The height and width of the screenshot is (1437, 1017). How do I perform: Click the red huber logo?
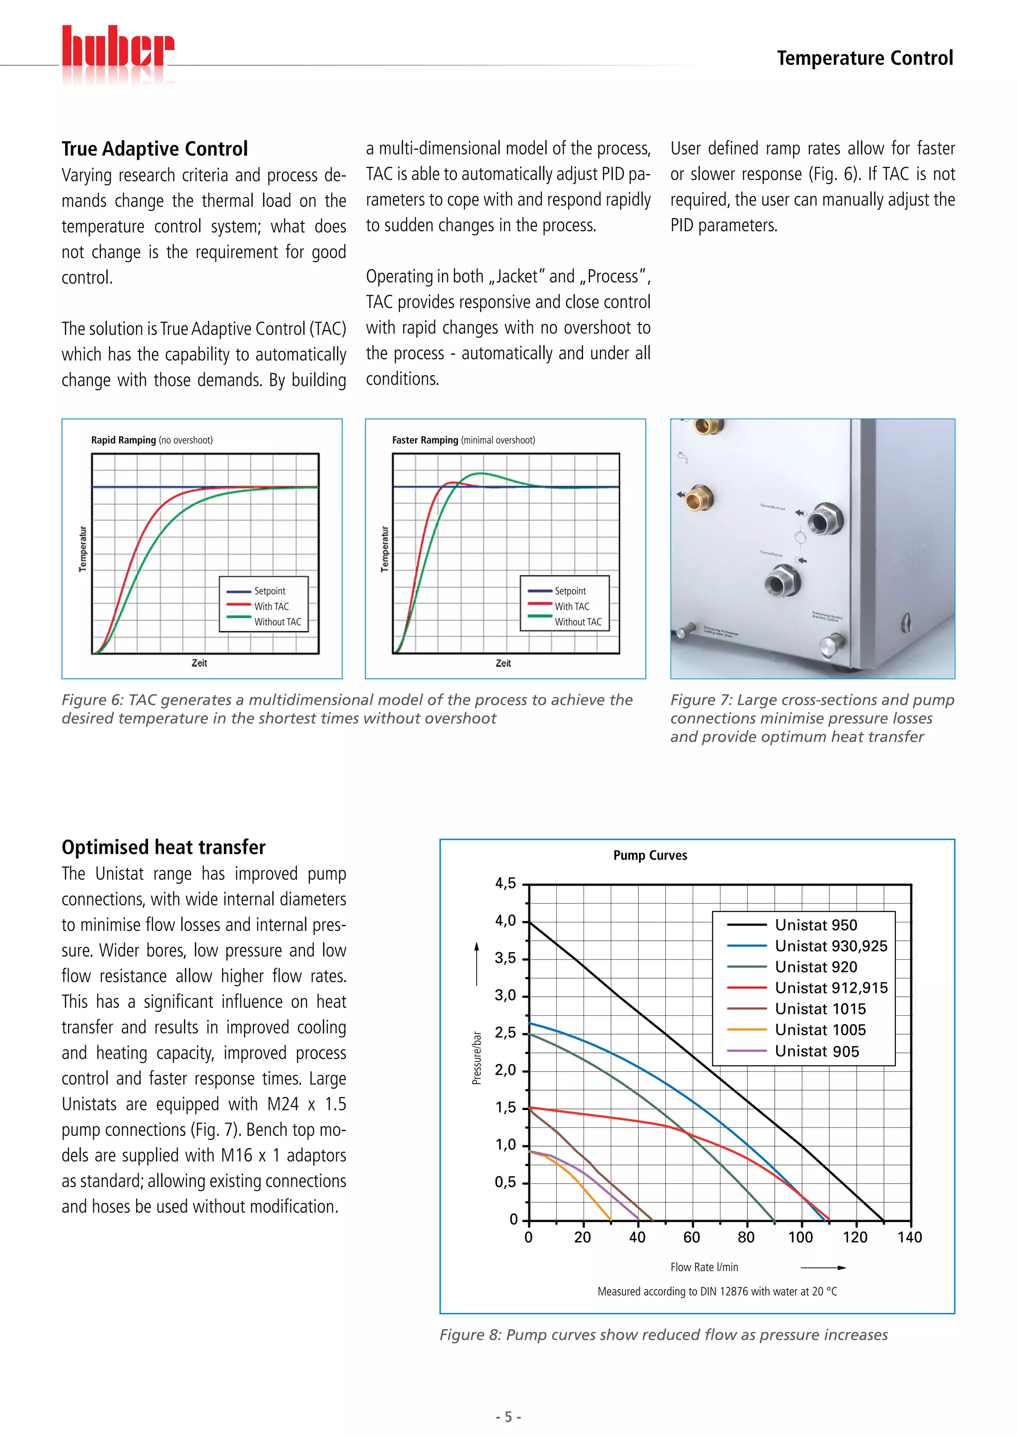coord(118,47)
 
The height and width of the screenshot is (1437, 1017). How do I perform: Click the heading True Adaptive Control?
coord(154,149)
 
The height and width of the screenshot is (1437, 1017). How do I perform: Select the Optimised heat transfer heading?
coord(163,848)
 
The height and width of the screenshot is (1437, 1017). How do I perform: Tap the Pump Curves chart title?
coord(650,855)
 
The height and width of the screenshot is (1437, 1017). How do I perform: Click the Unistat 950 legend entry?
coord(815,925)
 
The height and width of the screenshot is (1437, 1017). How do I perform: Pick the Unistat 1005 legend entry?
coord(820,1030)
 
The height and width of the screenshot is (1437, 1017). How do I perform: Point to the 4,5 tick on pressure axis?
coord(506,884)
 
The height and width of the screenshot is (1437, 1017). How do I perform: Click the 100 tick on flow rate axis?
coord(800,1238)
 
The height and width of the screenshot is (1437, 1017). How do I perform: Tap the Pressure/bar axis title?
coord(477,1058)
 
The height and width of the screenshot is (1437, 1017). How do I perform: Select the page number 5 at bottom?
coord(508,1417)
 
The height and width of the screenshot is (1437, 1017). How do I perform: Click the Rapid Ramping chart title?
coord(151,440)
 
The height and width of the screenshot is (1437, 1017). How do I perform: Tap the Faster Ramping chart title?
coord(463,440)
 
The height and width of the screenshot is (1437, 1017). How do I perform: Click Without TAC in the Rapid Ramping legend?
coord(278,622)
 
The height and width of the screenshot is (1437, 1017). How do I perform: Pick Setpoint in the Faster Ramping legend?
coord(570,591)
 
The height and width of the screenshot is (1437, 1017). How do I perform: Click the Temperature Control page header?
coord(865,58)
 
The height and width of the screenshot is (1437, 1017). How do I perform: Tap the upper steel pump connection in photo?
coord(825,520)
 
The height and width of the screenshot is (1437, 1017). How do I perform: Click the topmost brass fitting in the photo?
coord(710,426)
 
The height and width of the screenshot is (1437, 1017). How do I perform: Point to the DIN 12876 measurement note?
coord(717,1292)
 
